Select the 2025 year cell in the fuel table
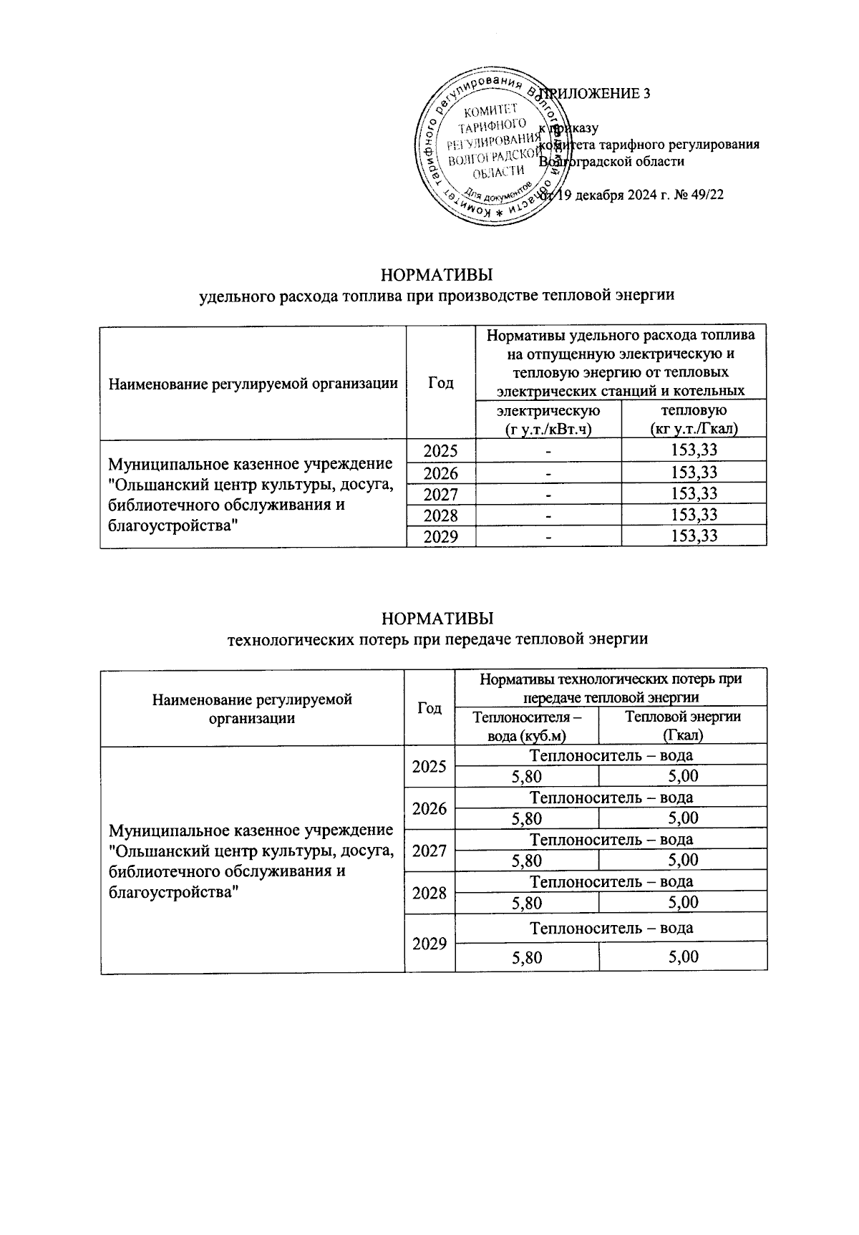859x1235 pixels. point(440,451)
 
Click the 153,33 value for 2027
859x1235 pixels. point(694,494)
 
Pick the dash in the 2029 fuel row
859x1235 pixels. point(548,536)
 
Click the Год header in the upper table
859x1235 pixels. point(440,383)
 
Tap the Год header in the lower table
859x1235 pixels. point(429,708)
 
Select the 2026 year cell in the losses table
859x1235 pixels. point(429,809)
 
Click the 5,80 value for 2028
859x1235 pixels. point(526,903)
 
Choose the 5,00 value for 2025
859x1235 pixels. point(682,777)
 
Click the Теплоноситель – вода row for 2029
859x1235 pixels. point(611,929)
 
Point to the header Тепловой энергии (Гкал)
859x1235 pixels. point(682,726)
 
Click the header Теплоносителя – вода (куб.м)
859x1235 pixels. point(526,726)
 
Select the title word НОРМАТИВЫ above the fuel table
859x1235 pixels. point(437,275)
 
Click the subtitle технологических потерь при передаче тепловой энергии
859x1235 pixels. point(437,639)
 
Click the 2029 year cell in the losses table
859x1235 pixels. point(429,944)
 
